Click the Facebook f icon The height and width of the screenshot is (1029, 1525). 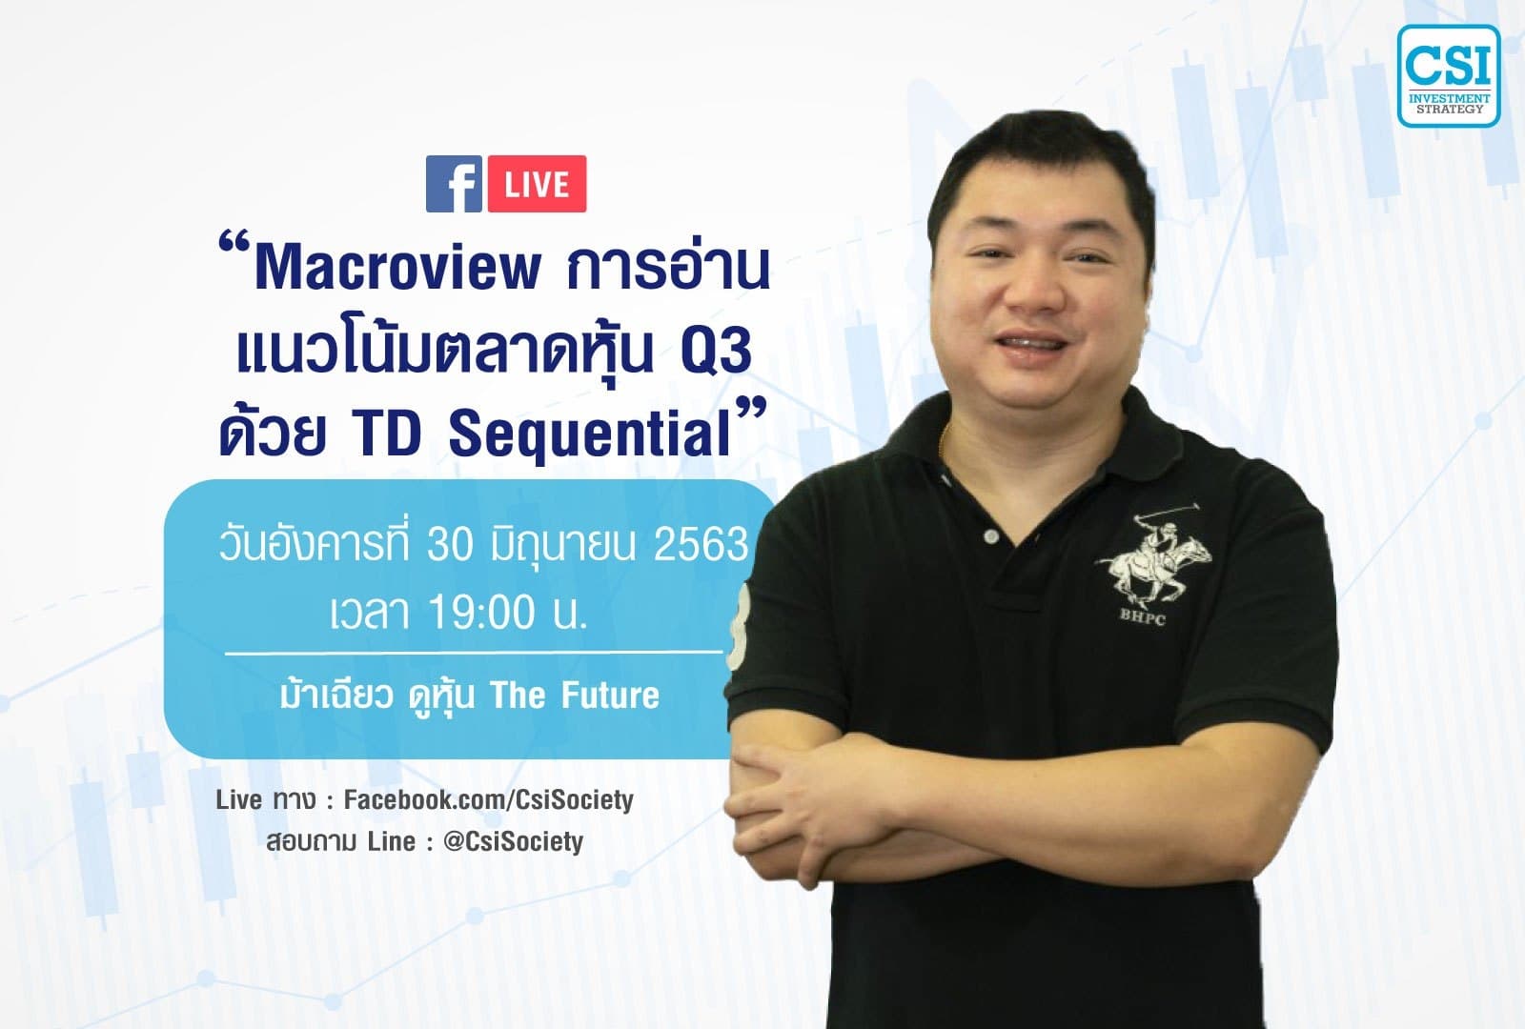coord(454,184)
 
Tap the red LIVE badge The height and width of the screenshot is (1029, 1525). coord(537,184)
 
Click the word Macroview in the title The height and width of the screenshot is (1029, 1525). coord(397,268)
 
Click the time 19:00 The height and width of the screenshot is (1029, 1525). coord(481,613)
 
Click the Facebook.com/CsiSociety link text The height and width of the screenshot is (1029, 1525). coord(488,799)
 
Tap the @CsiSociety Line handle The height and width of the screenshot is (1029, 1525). coord(513,842)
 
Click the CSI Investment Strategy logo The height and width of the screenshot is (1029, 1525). coord(1449,76)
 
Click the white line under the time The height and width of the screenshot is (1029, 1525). coord(474,654)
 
